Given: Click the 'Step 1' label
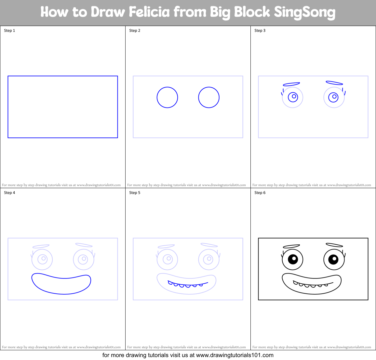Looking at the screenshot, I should (9, 31).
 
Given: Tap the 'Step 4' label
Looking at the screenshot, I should (9, 193).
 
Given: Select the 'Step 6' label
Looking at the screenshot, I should (260, 193).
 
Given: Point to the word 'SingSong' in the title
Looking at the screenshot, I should (304, 12).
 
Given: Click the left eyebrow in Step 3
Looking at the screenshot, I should (291, 84).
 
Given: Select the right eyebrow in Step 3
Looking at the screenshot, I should (334, 83).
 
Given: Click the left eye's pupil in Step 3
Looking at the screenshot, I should (293, 96).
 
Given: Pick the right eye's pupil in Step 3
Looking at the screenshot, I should (334, 97).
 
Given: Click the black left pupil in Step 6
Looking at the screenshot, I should (293, 259).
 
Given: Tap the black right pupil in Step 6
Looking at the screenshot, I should (334, 259).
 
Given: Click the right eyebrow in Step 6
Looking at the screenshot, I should (334, 245).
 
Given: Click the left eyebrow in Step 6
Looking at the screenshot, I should (291, 246).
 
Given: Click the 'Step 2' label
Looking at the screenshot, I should (135, 31).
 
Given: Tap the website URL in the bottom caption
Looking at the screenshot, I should (235, 355).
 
